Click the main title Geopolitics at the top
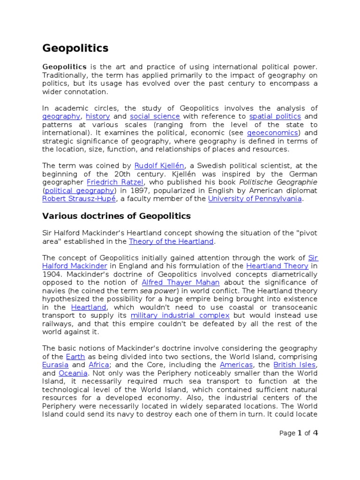(x=75, y=48)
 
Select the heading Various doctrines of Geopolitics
(x=117, y=216)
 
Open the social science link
(x=155, y=116)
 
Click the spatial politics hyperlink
(x=271, y=116)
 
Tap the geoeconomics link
(x=272, y=133)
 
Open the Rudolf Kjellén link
(x=159, y=165)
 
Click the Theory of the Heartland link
(x=171, y=241)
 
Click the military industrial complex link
(x=180, y=315)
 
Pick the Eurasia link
(x=55, y=365)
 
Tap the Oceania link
(x=73, y=373)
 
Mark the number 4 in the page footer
(x=315, y=433)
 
